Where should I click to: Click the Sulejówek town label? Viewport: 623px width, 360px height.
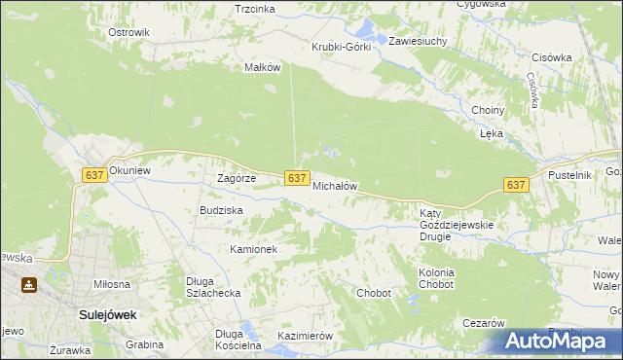107,315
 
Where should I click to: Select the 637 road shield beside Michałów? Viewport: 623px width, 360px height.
298,178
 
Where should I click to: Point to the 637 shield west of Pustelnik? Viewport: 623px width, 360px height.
516,185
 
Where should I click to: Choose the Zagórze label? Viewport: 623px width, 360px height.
236,178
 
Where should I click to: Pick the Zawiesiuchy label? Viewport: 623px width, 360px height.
418,42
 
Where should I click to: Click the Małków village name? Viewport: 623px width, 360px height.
262,67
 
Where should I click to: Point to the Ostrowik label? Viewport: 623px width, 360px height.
128,32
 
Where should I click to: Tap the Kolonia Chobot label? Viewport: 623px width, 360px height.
436,278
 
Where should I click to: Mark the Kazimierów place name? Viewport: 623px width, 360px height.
306,336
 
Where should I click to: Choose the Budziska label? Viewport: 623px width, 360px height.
221,209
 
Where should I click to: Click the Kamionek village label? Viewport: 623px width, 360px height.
254,249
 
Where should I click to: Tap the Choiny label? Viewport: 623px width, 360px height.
487,110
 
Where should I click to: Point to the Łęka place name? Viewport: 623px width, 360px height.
491,134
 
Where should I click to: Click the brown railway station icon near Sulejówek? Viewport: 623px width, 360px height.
30,286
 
